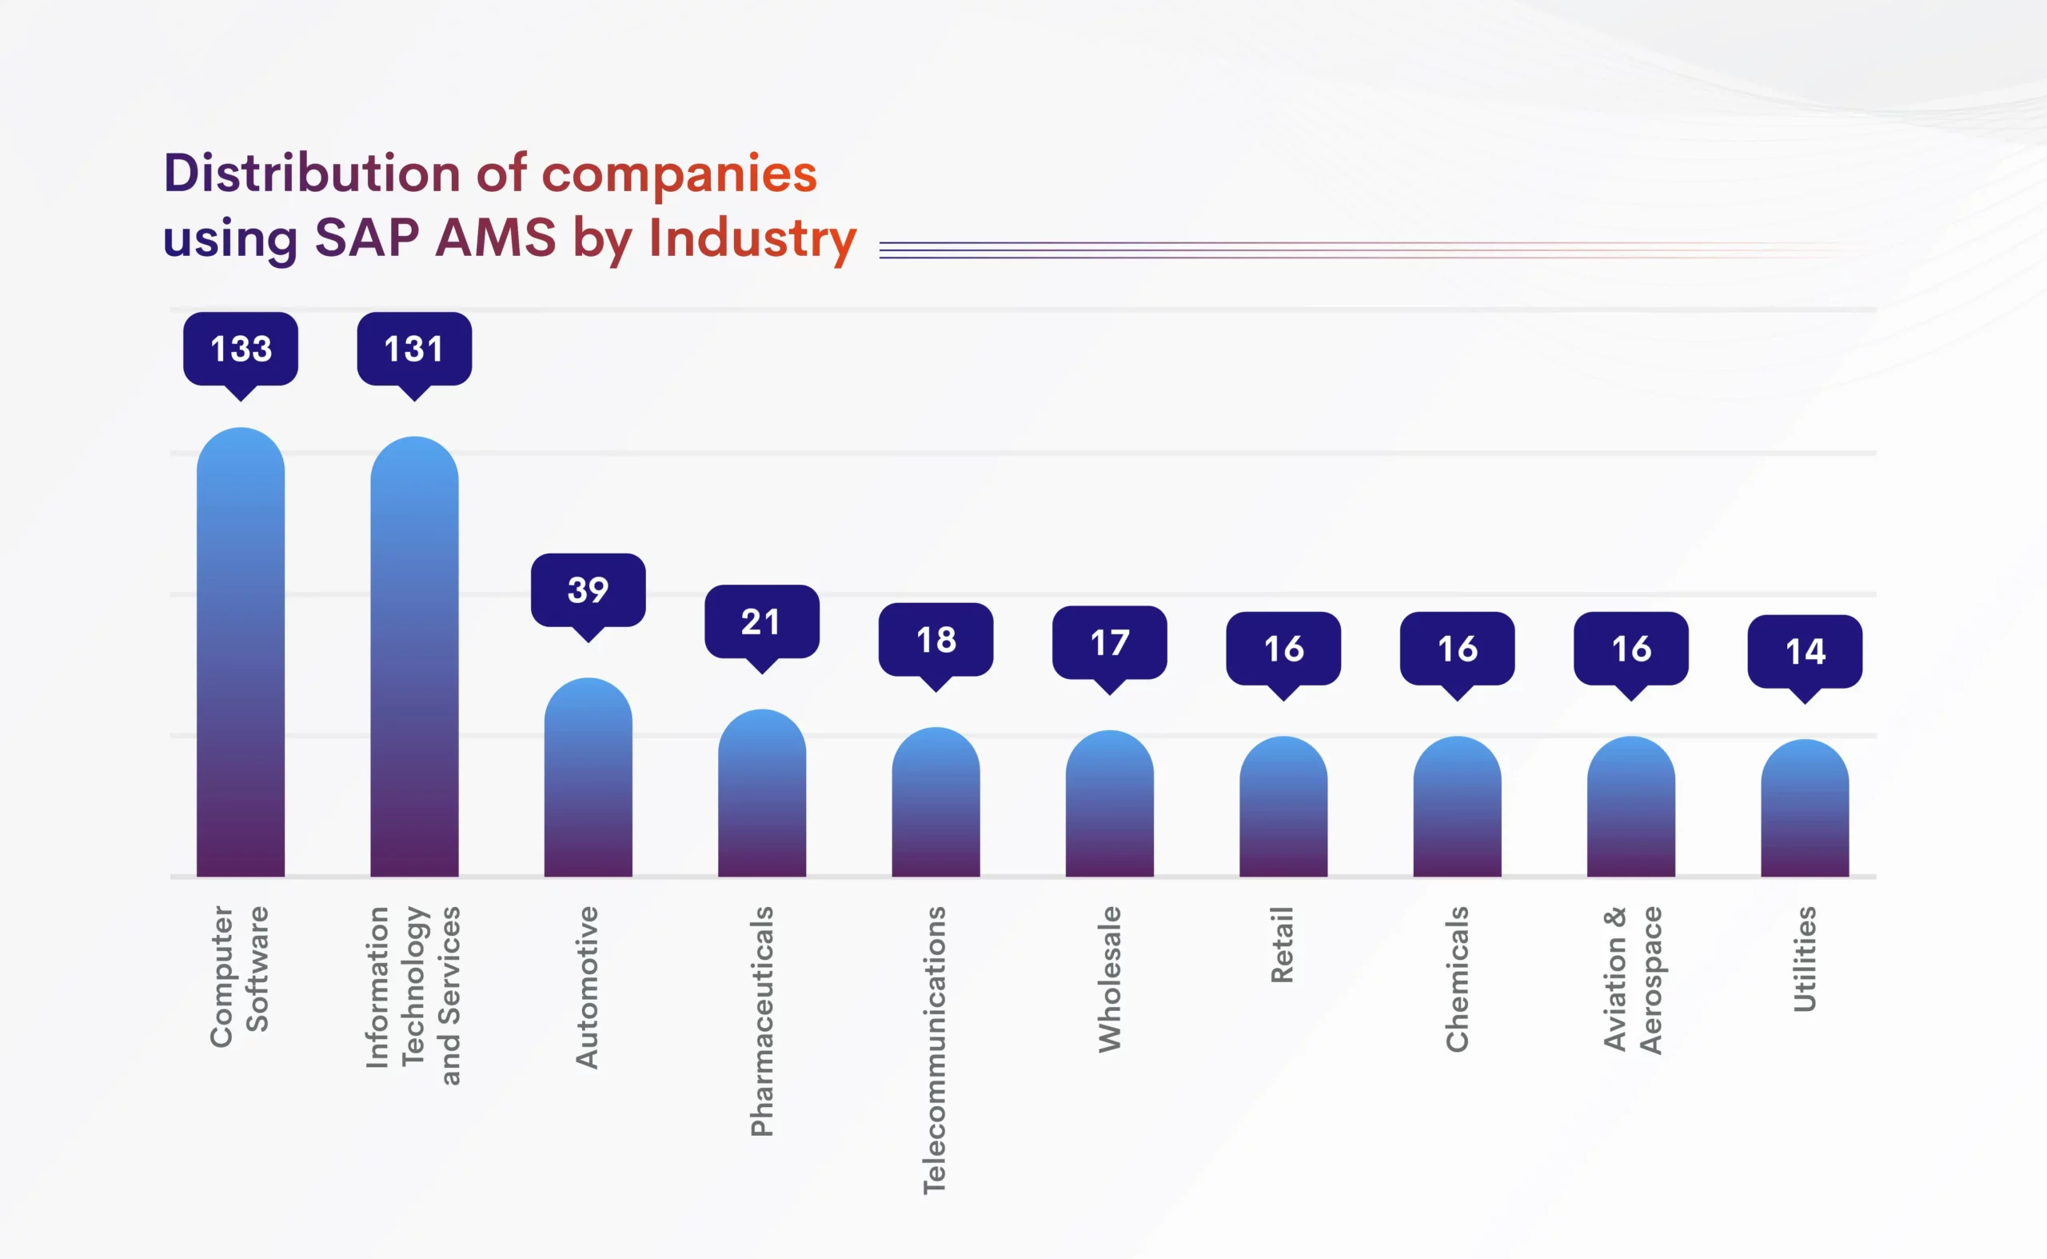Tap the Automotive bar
click(588, 778)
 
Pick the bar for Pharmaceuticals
click(762, 795)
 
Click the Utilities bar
click(1804, 809)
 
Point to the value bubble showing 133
click(241, 349)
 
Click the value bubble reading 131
click(413, 349)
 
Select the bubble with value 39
click(588, 590)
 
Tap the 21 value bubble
click(762, 622)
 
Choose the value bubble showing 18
click(936, 639)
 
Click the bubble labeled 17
click(1109, 643)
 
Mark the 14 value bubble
click(1804, 651)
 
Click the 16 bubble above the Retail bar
click(1283, 649)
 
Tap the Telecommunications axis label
click(934, 1049)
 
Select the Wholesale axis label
click(1110, 979)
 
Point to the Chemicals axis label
click(1457, 979)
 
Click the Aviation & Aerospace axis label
click(1632, 980)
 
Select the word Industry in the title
click(752, 239)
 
